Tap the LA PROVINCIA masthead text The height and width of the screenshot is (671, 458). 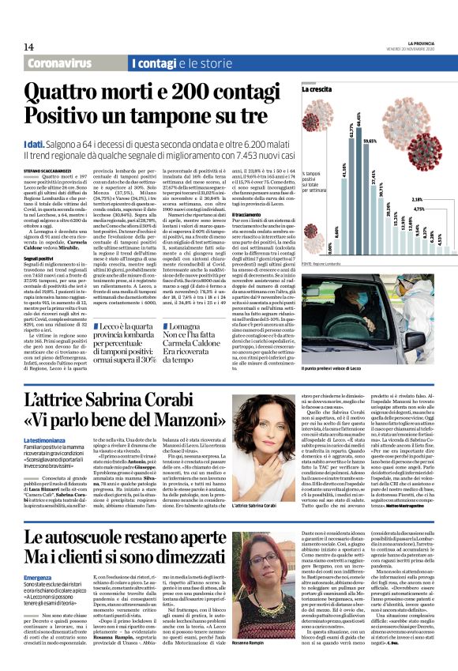pyautogui.click(x=415, y=42)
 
